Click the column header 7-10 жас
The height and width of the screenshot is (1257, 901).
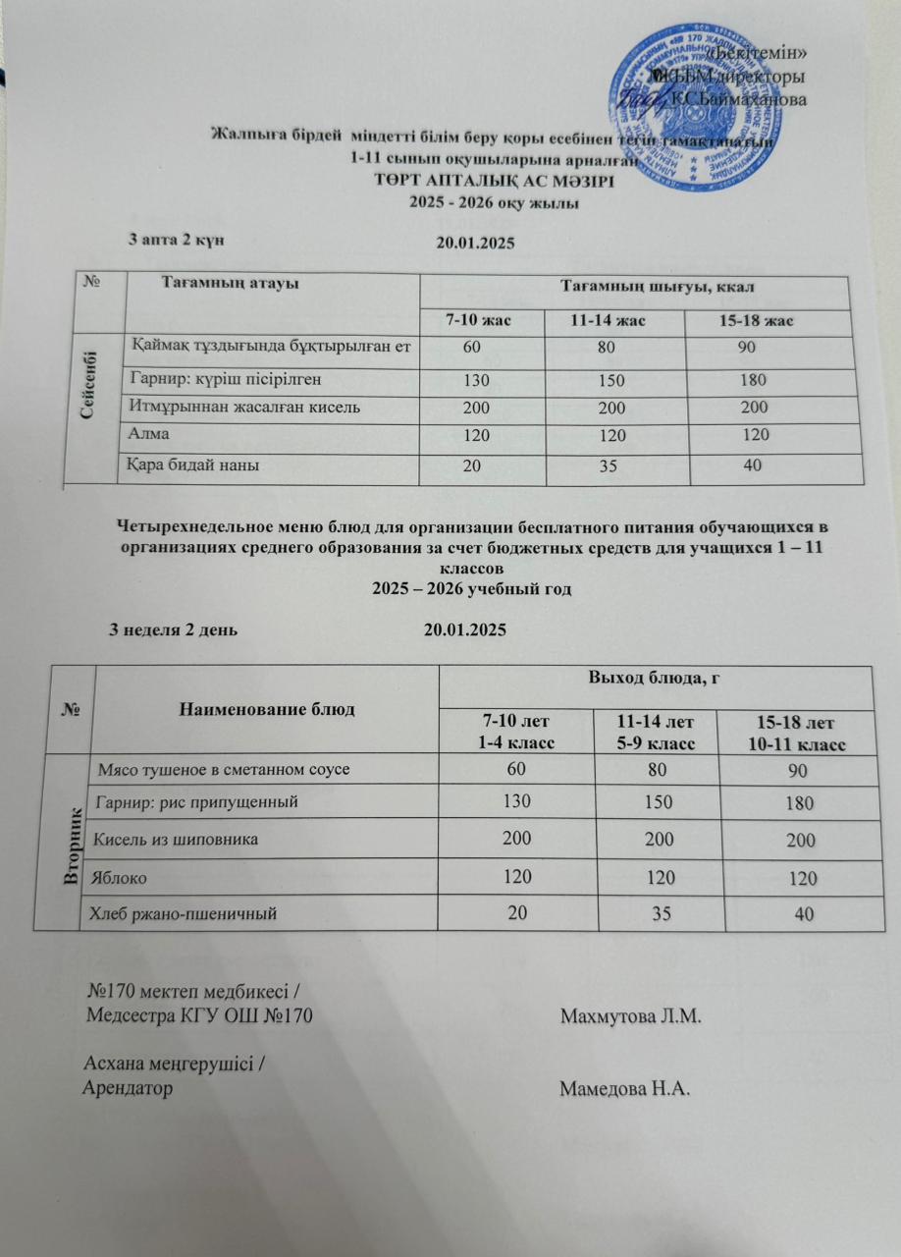[479, 321]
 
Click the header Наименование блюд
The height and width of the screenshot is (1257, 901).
[262, 707]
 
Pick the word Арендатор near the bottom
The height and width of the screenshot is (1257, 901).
[130, 1088]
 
